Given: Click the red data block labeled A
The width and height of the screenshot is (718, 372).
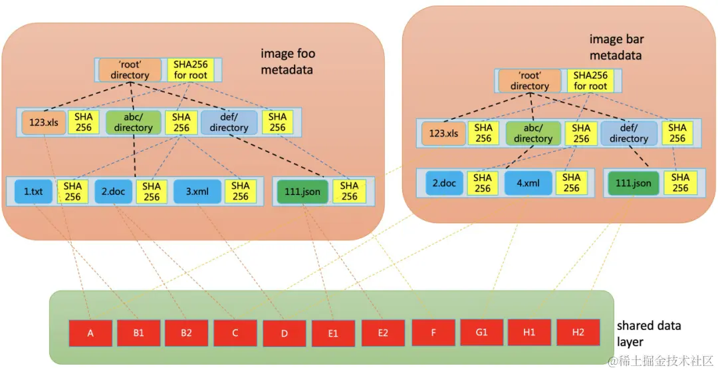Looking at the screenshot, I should click(x=90, y=333).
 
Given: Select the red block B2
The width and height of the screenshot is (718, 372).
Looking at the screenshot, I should click(x=186, y=333).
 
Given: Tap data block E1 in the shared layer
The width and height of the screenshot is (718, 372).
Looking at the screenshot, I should click(x=333, y=333).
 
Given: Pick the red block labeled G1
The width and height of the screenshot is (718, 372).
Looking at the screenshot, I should click(x=481, y=333).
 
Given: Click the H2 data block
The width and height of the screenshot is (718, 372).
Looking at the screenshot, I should click(x=578, y=333).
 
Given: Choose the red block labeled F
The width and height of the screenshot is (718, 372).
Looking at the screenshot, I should click(x=433, y=333).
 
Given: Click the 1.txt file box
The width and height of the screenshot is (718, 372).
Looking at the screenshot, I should click(x=33, y=192).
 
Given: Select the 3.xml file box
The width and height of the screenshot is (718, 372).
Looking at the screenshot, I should click(x=197, y=192).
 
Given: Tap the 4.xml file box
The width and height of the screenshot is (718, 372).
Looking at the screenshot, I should click(x=529, y=183).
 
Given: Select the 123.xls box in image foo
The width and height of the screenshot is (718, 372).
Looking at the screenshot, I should click(x=44, y=122).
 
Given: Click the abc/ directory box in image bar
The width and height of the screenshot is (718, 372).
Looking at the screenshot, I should click(x=533, y=133).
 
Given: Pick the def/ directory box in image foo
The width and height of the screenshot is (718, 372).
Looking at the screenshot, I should click(x=228, y=122).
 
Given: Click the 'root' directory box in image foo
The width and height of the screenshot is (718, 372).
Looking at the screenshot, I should click(x=130, y=70).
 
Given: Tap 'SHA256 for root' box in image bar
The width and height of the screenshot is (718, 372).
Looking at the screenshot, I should click(x=590, y=81).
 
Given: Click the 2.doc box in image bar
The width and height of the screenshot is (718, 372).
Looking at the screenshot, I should click(x=444, y=183).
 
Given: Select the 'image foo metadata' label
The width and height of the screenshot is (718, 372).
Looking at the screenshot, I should click(x=288, y=62).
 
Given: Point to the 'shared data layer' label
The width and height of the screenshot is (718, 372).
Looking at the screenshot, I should click(x=648, y=333).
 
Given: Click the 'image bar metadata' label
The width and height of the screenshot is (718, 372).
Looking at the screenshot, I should click(x=616, y=48).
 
